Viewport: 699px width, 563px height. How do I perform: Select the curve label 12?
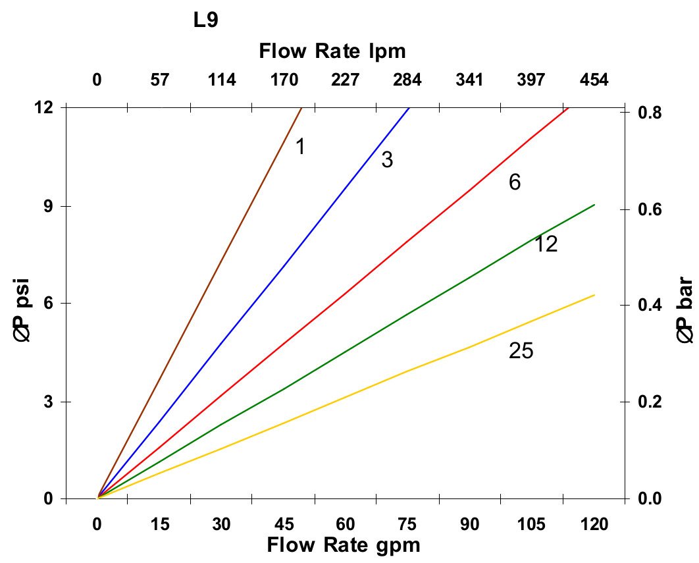(546, 244)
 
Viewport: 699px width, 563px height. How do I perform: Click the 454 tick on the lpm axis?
(594, 80)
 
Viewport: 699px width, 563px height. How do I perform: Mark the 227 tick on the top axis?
(346, 80)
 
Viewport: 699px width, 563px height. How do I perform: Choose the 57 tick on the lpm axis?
(160, 80)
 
